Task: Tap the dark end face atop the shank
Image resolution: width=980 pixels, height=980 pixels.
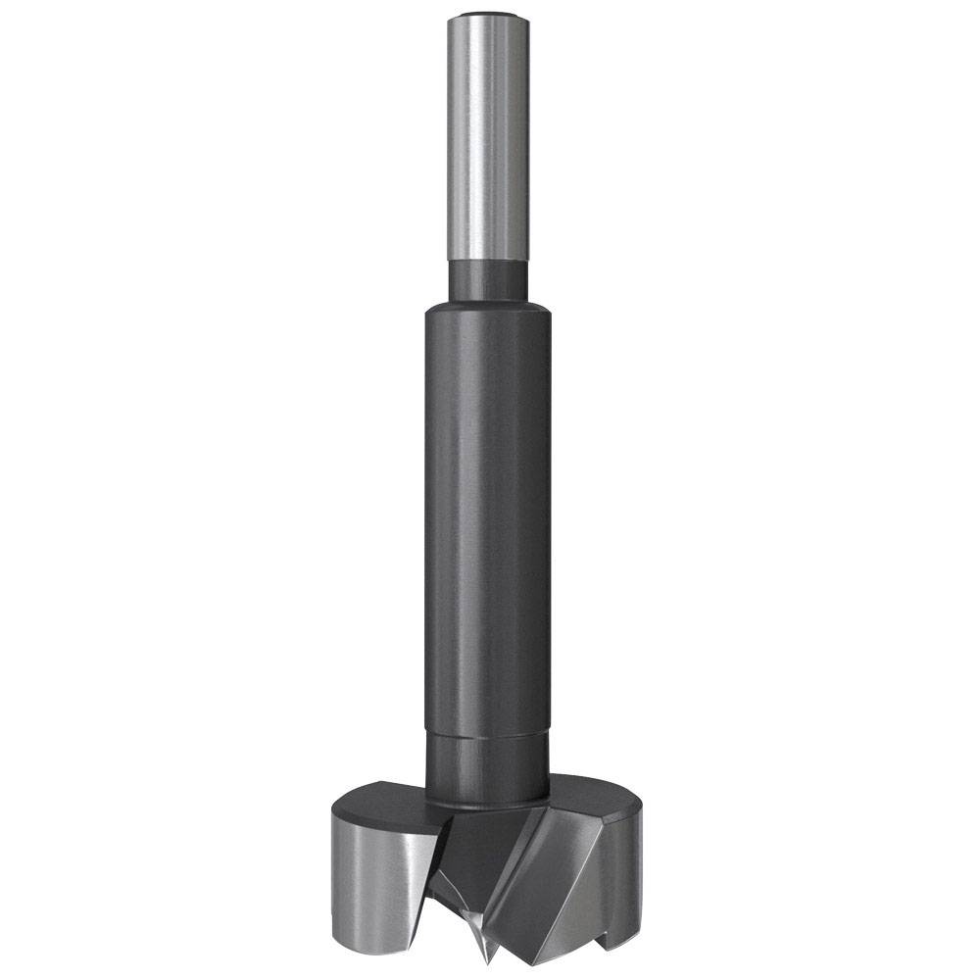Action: tap(488, 17)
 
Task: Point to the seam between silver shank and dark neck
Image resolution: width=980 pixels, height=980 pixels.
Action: tap(488, 261)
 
